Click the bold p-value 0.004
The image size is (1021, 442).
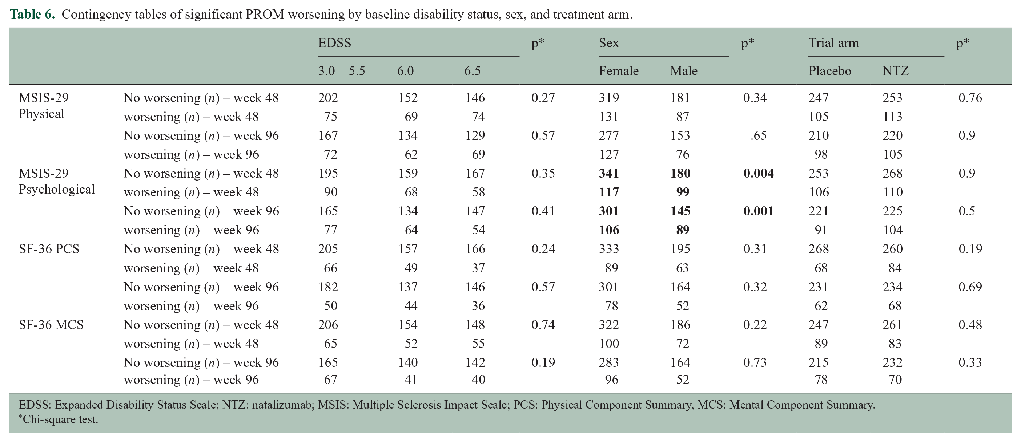point(758,173)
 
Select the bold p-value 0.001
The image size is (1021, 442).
point(758,211)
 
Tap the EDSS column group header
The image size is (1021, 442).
point(334,43)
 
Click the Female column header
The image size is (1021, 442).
point(618,71)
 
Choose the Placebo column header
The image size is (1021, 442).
point(829,71)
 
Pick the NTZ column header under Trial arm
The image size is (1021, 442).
point(895,71)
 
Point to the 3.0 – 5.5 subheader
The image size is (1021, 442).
point(341,71)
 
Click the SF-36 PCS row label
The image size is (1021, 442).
point(49,249)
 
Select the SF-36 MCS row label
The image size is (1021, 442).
point(51,325)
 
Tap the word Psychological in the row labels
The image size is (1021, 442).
point(57,189)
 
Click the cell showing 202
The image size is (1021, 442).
point(328,97)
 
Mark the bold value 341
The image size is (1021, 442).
point(609,173)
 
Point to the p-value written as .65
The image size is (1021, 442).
point(758,135)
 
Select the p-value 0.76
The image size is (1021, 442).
point(970,97)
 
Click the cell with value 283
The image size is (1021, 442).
point(609,362)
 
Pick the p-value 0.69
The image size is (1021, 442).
point(970,287)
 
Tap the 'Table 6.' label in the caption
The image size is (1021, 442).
point(32,14)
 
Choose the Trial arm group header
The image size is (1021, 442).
point(833,43)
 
